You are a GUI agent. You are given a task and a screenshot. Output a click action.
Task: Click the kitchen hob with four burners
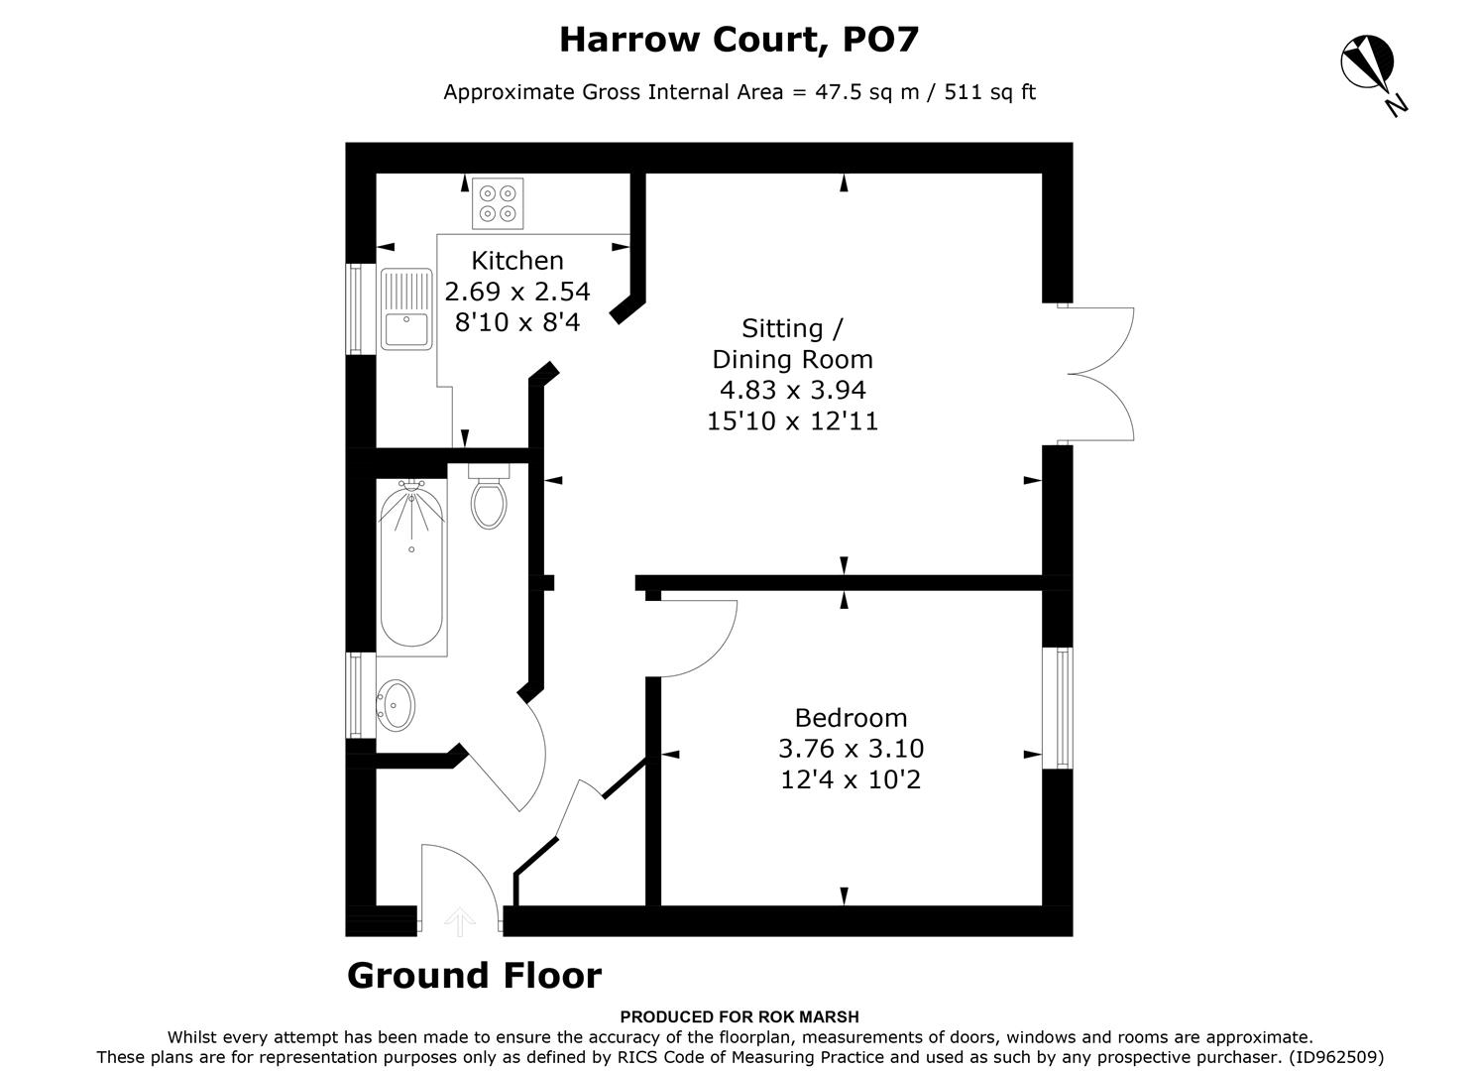pos(498,203)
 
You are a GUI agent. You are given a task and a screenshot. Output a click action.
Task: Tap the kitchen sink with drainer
pos(406,308)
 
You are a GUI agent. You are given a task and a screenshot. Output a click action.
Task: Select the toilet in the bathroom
pos(489,498)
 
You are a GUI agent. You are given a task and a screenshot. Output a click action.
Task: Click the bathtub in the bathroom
pos(410,569)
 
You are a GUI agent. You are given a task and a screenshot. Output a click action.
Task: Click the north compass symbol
pos(1369,64)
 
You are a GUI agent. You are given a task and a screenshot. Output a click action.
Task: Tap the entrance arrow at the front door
pos(458,921)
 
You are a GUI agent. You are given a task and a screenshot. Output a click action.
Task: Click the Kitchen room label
pos(517,261)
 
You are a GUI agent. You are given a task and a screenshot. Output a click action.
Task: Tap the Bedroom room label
pos(851,717)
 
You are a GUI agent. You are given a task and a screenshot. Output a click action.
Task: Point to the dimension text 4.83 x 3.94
pos(792,390)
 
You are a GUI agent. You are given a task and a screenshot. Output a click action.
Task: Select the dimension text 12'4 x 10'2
pos(851,780)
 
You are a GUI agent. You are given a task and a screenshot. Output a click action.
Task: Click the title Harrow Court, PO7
pos(739,40)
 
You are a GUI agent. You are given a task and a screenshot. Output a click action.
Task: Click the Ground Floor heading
pos(474,976)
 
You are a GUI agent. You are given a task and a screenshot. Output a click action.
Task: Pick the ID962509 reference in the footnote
pos(1336,1057)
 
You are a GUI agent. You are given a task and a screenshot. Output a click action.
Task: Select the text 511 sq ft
pos(989,92)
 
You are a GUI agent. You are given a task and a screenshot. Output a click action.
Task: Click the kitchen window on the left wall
pos(354,307)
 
